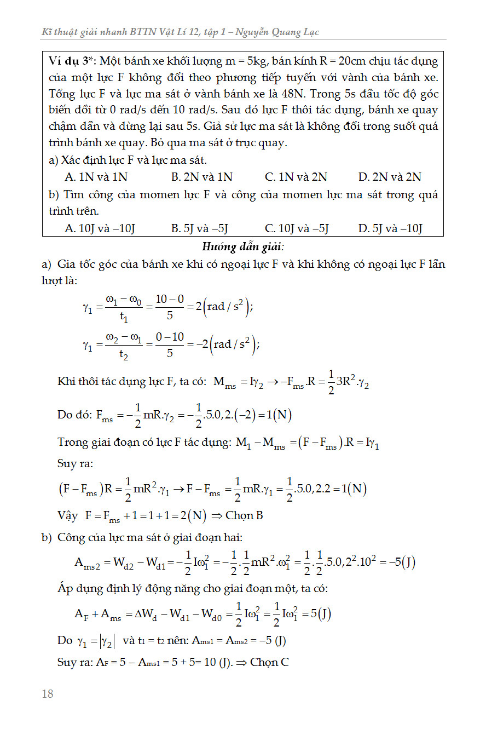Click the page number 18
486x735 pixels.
pos(48,694)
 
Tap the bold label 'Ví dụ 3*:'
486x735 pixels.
pos(73,61)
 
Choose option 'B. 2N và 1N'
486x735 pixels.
pos(201,177)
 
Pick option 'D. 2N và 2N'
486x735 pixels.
pos(390,177)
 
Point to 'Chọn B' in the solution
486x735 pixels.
pos(244,515)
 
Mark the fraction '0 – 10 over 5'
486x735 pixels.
pos(169,345)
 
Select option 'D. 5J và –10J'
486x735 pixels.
pos(390,228)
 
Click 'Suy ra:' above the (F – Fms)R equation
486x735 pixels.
pos(75,463)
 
